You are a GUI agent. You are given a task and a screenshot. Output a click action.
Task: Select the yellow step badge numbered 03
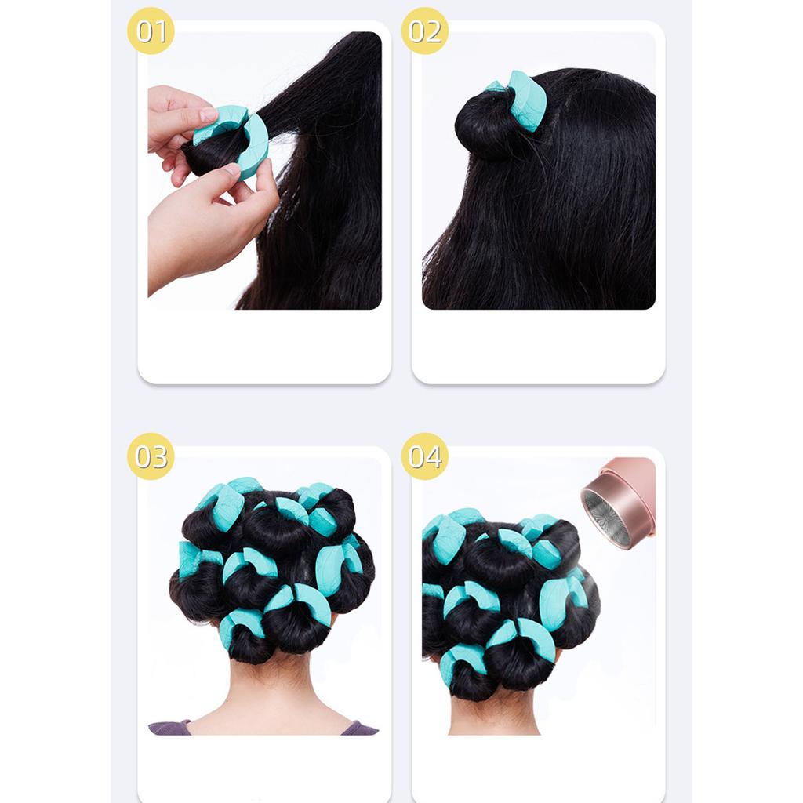click(x=151, y=456)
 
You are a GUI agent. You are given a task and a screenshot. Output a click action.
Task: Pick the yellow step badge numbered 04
click(x=424, y=456)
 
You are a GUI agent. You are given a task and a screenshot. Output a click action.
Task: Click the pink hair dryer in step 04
click(x=627, y=498)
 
